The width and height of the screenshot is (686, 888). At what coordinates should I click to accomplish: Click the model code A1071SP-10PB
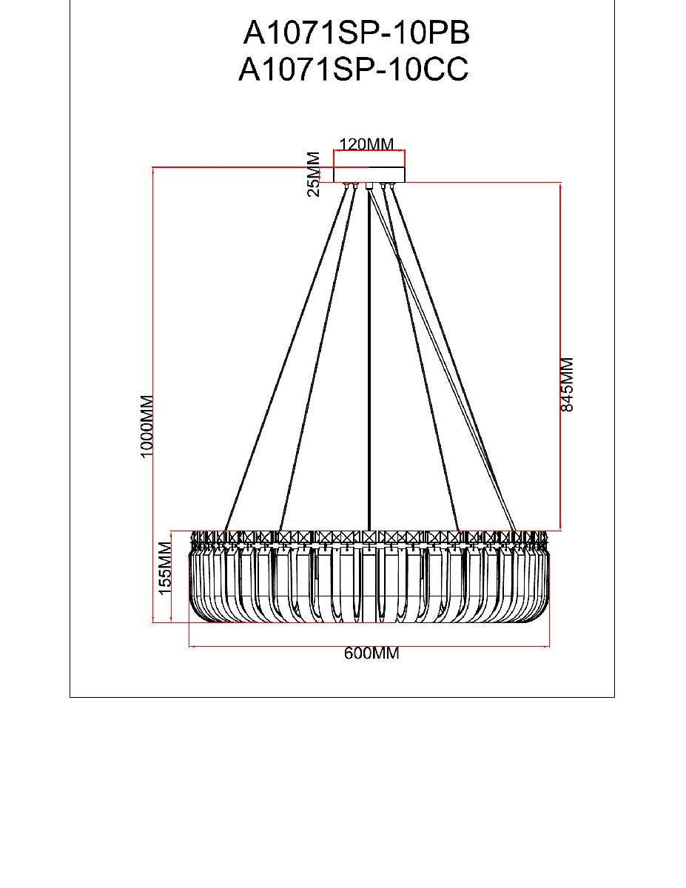[357, 33]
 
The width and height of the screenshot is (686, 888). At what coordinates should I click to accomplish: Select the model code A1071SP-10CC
[354, 70]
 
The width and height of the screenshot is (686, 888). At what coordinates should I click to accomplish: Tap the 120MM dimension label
[366, 144]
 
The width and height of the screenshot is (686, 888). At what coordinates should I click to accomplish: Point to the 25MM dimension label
[314, 174]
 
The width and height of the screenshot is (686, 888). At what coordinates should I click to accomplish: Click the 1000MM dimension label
[147, 426]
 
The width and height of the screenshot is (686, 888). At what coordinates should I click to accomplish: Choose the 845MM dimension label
[568, 384]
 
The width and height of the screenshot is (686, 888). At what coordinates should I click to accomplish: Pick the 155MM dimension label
[165, 568]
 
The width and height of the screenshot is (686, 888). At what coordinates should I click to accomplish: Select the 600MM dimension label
[371, 654]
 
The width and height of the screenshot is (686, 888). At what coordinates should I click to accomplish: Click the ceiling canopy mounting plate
[369, 175]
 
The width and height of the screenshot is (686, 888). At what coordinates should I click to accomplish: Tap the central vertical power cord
[369, 355]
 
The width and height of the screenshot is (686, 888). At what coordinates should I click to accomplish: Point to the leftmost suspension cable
[286, 355]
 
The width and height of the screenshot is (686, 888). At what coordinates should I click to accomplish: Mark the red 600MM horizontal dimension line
[296, 647]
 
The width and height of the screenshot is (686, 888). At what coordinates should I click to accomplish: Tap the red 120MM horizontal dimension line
[369, 152]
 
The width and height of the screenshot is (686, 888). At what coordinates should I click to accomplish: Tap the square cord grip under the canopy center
[369, 186]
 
